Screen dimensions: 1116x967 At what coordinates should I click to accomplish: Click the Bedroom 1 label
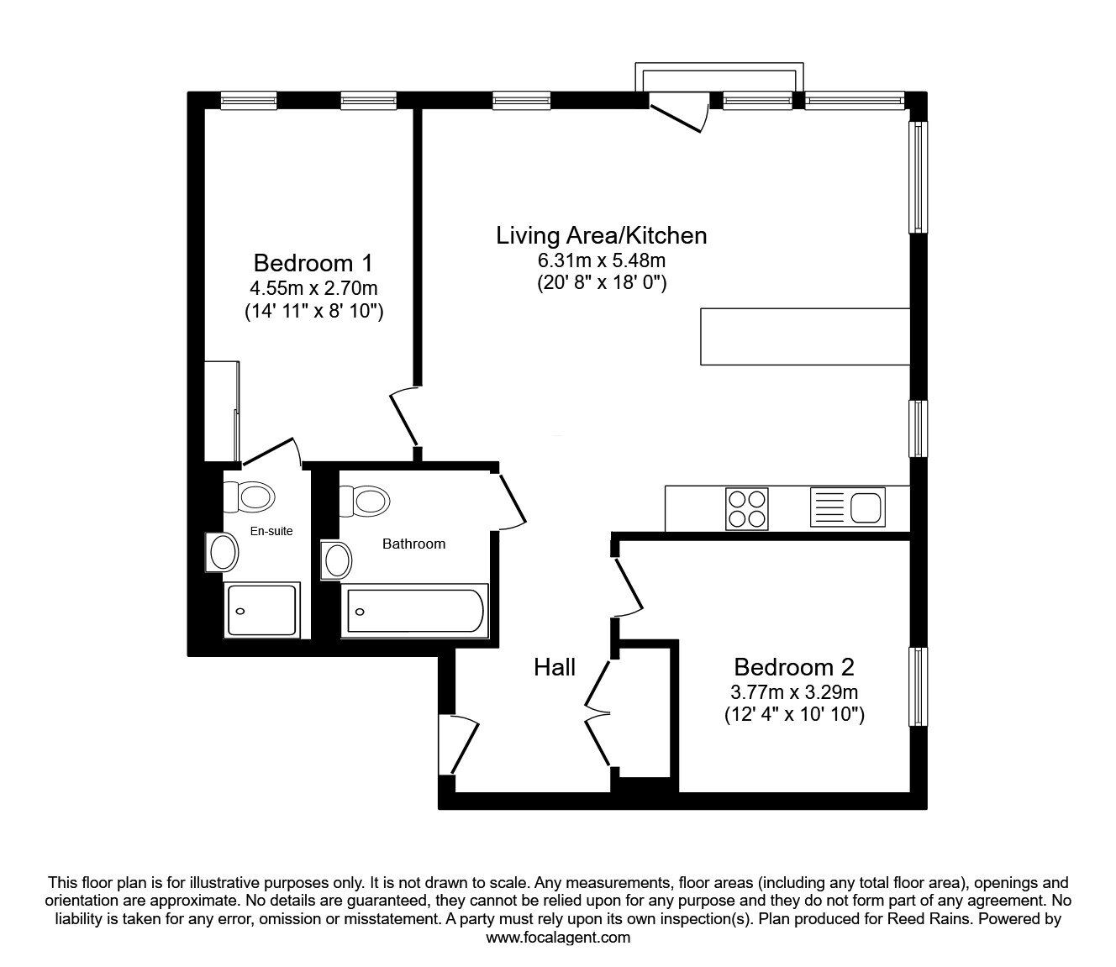coord(313,264)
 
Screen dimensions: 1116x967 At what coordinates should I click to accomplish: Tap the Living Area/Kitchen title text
coord(602,236)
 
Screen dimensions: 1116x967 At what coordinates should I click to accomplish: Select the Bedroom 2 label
coord(794,667)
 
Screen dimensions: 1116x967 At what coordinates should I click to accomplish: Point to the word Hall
coord(555,667)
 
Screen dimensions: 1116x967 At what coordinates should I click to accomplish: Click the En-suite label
coord(271,531)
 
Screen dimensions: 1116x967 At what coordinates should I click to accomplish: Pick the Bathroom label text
coord(414,544)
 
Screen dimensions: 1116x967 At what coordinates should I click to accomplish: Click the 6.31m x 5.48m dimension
coord(602,260)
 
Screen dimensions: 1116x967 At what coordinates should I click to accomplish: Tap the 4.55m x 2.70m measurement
coord(313,288)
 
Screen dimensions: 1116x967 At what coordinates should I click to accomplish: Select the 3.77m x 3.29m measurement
coord(794,691)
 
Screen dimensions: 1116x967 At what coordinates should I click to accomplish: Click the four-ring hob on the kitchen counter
coord(747,508)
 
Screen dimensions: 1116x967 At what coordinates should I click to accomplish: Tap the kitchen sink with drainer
coord(848,507)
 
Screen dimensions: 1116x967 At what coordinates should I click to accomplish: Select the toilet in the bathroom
coord(365,501)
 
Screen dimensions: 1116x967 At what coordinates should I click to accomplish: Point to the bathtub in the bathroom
coord(414,611)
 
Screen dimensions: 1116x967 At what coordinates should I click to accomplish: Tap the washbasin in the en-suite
coord(222,552)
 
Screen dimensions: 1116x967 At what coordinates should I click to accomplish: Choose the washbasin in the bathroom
coord(336,560)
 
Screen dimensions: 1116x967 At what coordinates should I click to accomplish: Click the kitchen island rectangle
coord(806,336)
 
